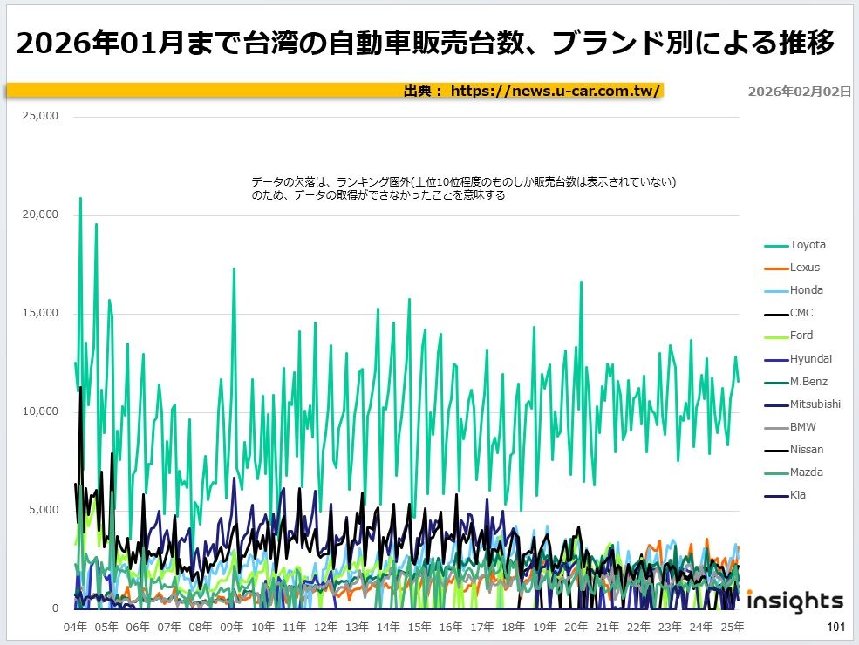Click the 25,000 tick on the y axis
pos(40,116)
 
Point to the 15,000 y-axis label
pos(40,313)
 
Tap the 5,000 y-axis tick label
pos(43,510)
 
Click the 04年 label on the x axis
pos(76,626)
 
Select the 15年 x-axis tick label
pos(419,626)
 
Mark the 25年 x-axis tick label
pos(733,626)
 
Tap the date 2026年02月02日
pos(799,92)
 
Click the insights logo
pos(794,601)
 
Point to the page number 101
pos(835,627)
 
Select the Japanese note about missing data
pos(464,188)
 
